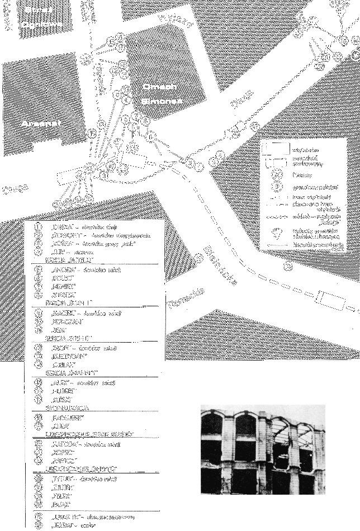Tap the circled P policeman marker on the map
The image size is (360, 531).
click(x=150, y=138)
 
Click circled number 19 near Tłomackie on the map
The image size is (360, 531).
click(x=198, y=258)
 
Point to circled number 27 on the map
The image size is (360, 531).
click(x=255, y=126)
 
